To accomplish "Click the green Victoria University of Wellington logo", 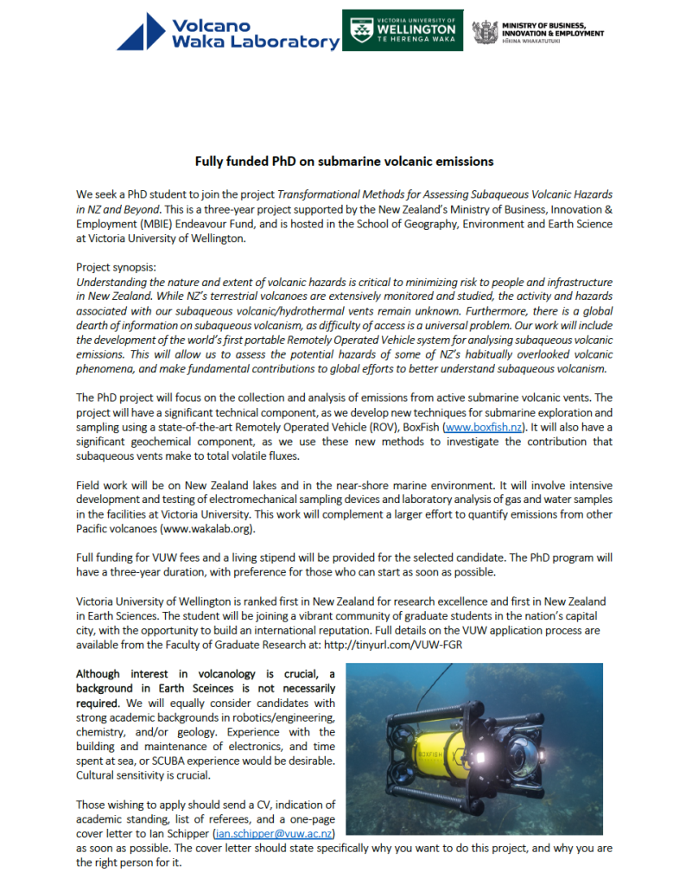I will [402, 30].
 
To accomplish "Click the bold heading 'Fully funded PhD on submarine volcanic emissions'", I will [344, 162].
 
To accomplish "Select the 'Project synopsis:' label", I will [116, 268].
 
